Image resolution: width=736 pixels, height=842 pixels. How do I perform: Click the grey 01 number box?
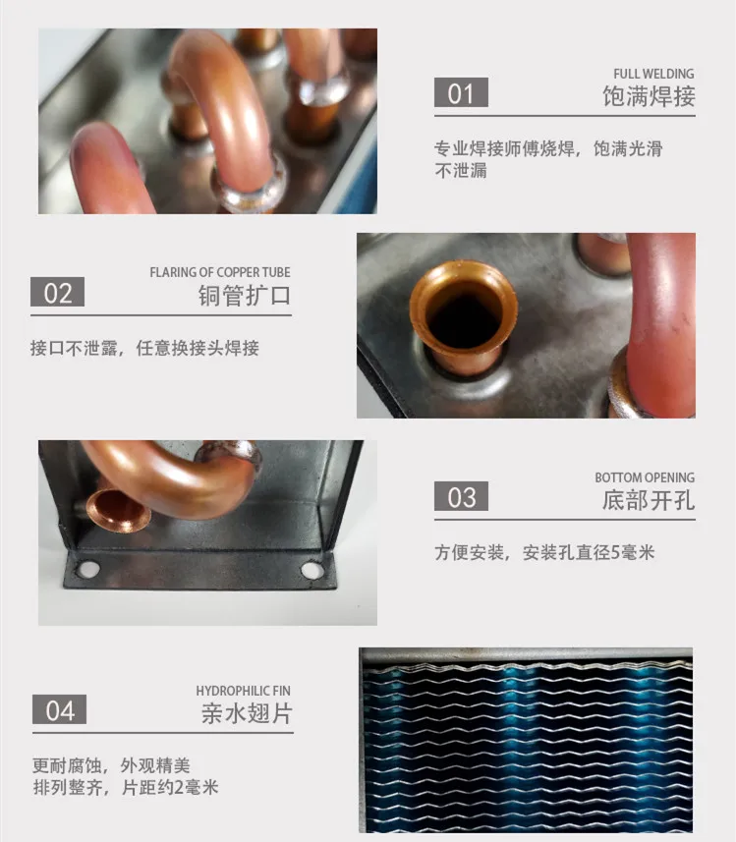461,93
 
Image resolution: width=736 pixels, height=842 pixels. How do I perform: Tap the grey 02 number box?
58,293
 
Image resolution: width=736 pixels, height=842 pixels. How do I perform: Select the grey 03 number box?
461,497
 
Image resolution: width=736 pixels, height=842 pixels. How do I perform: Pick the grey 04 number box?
60,710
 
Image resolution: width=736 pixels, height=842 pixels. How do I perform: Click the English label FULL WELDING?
653,74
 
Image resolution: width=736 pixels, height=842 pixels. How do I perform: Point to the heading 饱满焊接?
649,96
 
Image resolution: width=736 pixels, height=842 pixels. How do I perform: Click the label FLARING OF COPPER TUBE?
220,272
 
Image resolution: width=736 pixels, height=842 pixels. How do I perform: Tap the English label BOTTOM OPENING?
645,477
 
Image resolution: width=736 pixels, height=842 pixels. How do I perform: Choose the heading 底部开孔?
649,500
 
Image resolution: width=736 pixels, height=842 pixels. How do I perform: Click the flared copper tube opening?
463,314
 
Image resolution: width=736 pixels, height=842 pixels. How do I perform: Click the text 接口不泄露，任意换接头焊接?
144,349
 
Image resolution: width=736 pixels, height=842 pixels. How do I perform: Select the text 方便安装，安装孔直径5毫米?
544,552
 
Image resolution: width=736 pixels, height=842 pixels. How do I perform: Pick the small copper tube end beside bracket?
116,510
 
